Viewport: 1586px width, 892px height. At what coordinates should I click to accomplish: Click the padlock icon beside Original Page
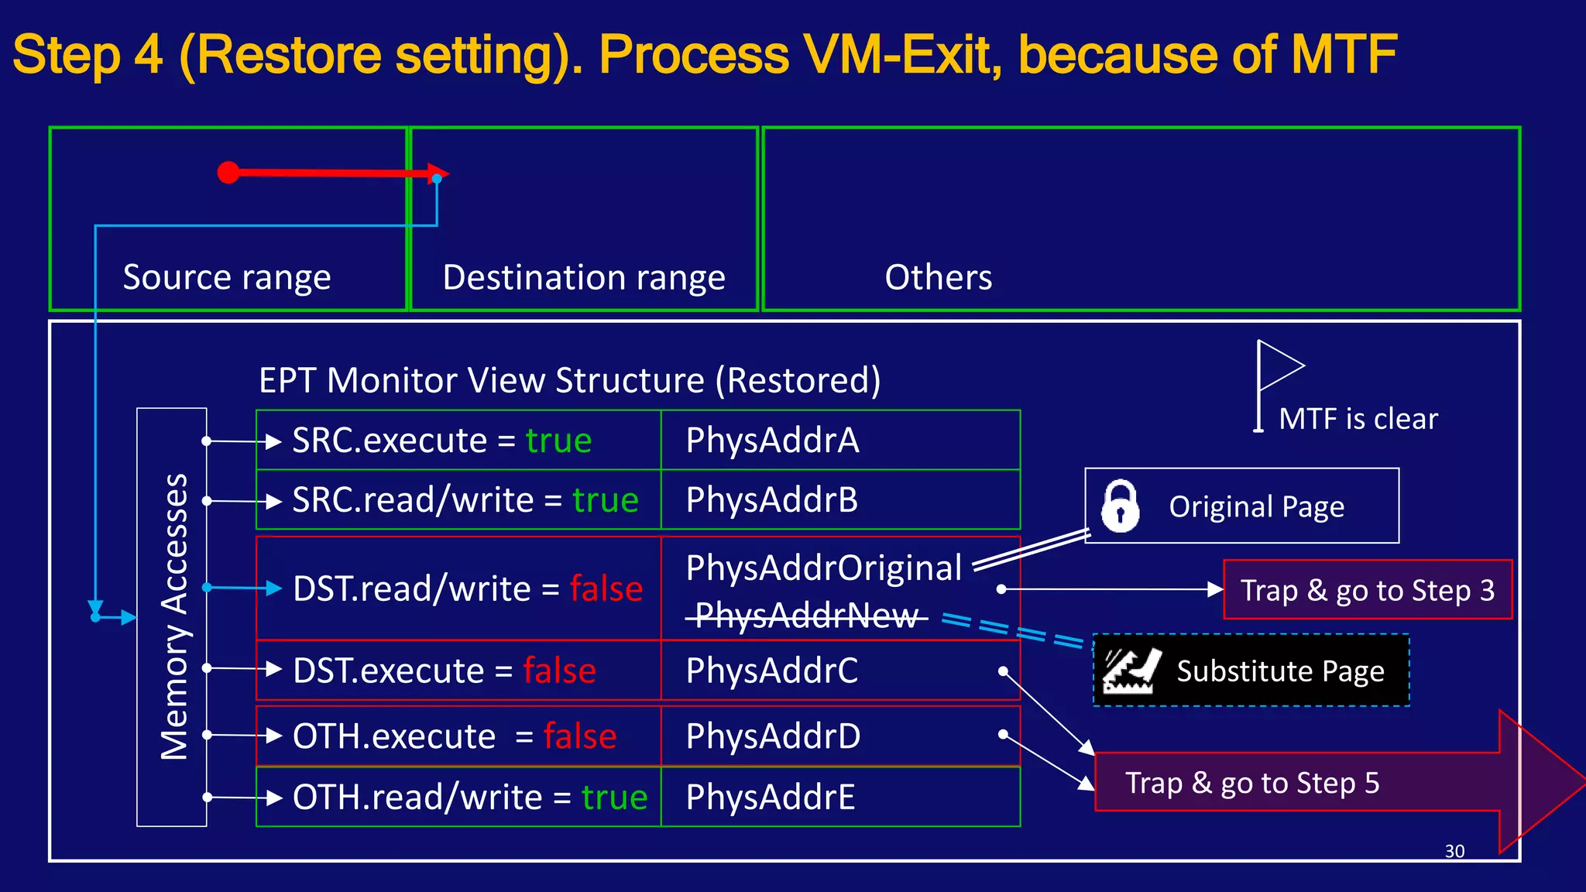[1120, 506]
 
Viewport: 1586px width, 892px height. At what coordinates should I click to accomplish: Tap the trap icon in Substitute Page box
[1131, 671]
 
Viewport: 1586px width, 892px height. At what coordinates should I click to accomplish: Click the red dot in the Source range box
[228, 172]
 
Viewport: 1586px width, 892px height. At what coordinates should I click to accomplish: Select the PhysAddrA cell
[840, 441]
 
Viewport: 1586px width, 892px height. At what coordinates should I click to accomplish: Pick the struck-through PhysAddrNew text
[806, 616]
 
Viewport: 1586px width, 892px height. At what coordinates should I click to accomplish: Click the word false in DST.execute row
[559, 671]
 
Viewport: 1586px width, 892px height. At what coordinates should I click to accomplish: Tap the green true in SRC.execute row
[558, 441]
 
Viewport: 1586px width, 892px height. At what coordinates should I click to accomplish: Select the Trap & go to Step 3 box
[1367, 590]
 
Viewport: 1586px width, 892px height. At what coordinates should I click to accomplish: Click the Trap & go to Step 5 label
[1252, 783]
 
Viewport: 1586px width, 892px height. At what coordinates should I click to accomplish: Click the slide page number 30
[1454, 851]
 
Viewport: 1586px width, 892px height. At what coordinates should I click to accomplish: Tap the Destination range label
[584, 277]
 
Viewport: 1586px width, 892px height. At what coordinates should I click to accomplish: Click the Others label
[938, 277]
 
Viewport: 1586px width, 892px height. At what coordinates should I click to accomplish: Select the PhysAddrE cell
[840, 797]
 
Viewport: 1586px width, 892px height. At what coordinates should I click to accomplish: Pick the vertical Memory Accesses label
[173, 616]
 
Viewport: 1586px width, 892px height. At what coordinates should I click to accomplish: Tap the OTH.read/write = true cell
[458, 797]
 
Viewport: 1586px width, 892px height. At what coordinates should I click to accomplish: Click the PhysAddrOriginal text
[823, 568]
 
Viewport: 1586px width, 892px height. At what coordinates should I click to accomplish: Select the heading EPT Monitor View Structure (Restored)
[569, 380]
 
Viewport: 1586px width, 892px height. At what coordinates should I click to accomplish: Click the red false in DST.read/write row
[606, 589]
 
